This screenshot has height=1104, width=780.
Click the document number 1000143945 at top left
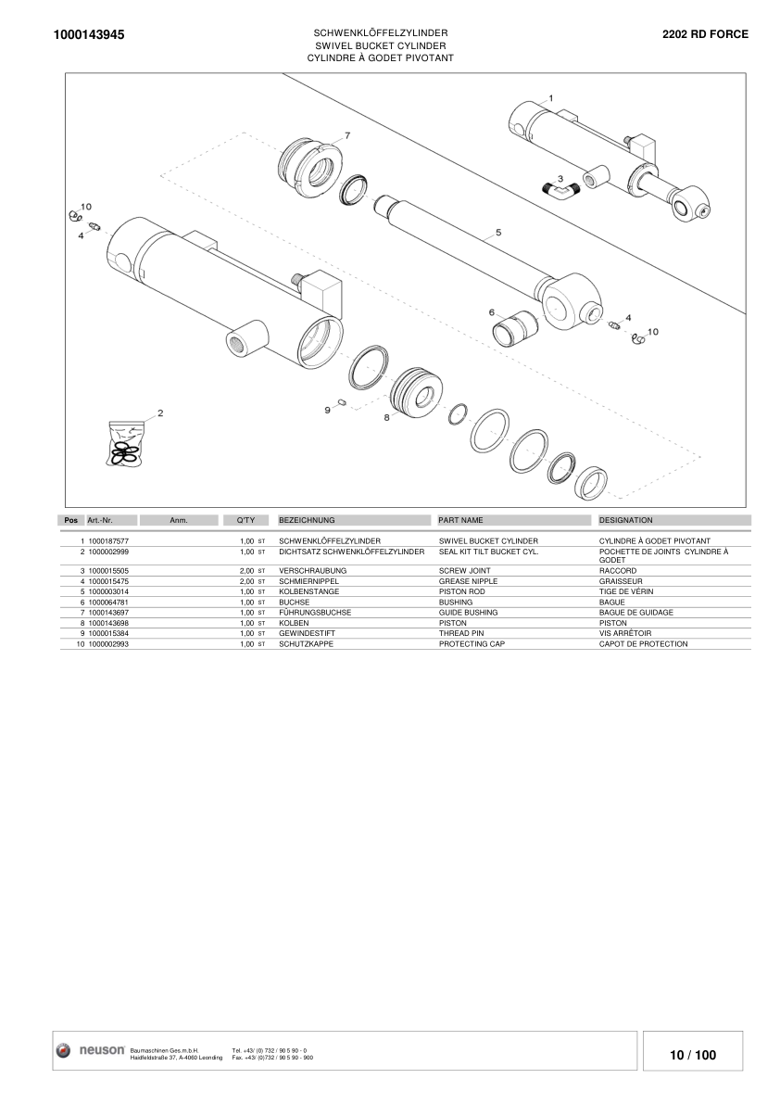coord(90,34)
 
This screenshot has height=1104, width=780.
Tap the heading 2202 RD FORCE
coord(705,34)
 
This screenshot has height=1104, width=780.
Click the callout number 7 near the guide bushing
coord(347,135)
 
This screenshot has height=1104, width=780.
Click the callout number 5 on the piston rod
coord(498,233)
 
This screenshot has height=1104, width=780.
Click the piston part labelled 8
coord(416,392)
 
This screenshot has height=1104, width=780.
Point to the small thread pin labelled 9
coord(342,401)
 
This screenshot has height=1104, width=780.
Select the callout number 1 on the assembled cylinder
coord(551,97)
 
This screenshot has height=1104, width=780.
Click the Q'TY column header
coord(245,521)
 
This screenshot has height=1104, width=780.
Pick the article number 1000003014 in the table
coord(108,591)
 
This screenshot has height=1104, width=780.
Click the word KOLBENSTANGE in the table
coord(308,591)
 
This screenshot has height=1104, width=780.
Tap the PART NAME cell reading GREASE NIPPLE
coord(468,581)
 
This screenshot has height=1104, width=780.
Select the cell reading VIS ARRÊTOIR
coord(625,633)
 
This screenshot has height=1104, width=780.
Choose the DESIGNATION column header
coord(626,521)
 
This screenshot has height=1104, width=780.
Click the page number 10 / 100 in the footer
coord(693,1055)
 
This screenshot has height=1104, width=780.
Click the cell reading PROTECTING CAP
coord(472,644)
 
